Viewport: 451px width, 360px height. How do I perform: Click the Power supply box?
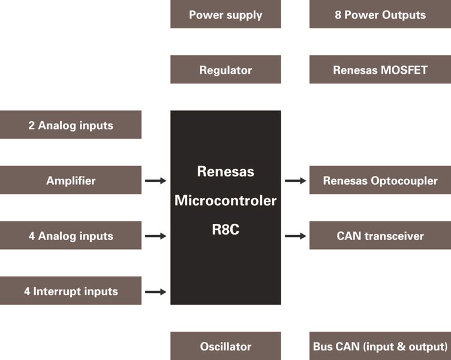[225, 14]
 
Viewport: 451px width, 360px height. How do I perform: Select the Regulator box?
[225, 70]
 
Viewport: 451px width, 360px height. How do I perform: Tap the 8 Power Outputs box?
[380, 14]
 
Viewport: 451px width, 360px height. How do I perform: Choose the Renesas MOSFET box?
[380, 70]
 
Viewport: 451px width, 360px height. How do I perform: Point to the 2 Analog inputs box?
[71, 125]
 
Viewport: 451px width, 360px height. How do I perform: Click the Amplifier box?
[71, 180]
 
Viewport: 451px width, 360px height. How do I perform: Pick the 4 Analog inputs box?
[71, 235]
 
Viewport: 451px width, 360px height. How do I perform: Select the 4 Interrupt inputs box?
[71, 291]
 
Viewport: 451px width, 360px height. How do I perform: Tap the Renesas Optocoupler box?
[380, 180]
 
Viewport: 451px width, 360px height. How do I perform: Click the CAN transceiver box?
[380, 235]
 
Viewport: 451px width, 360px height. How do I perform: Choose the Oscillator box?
[225, 346]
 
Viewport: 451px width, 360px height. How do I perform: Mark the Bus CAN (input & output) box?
[380, 346]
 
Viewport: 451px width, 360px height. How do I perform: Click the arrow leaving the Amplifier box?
[155, 180]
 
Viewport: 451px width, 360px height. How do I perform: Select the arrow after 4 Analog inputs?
[155, 236]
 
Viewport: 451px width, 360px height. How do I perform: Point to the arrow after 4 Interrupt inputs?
[155, 292]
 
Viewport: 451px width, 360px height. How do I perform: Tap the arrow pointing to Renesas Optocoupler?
[295, 180]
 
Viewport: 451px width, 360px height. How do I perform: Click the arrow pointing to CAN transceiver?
[295, 236]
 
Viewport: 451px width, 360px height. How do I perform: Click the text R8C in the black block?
[225, 229]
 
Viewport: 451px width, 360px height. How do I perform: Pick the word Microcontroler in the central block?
[225, 200]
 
